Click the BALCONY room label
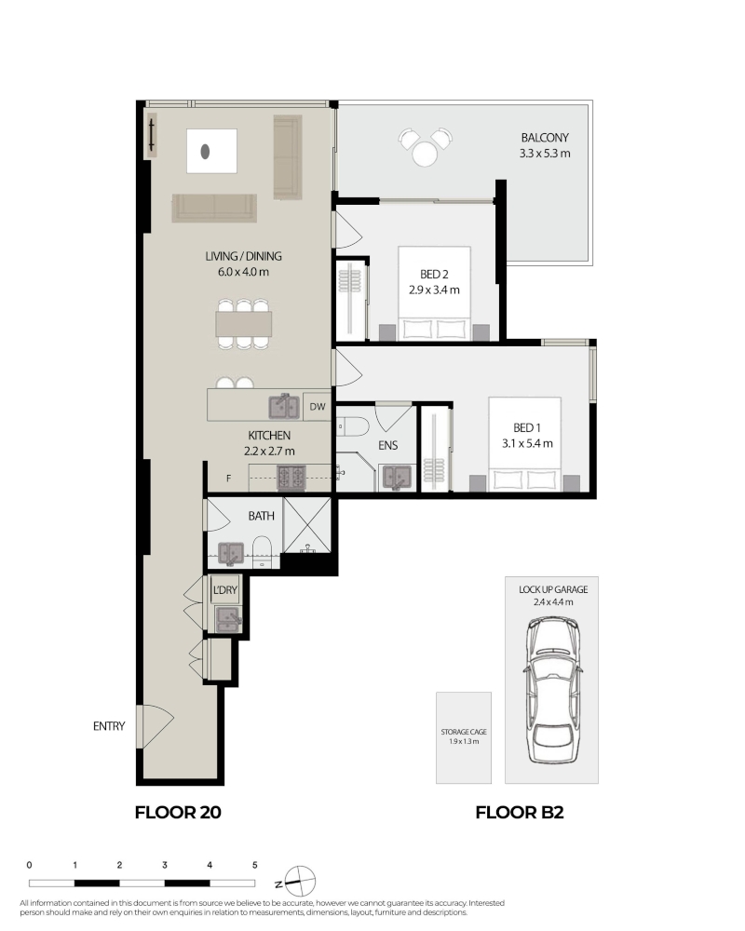tap(545, 138)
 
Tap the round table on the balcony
tap(425, 155)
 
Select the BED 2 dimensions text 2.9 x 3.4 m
tap(434, 290)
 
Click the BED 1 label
tap(527, 427)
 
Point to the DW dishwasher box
tap(318, 407)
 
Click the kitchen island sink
tap(284, 406)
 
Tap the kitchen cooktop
tap(291, 478)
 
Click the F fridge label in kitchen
tap(229, 478)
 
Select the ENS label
tap(388, 445)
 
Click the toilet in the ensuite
tap(352, 425)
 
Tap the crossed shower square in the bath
tap(307, 525)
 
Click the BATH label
tap(262, 516)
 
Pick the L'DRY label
tap(225, 590)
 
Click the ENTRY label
tap(109, 726)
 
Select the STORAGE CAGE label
tap(464, 732)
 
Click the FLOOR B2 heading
tap(520, 812)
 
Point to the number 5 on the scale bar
tap(255, 865)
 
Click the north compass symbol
tap(300, 882)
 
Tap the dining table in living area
tap(244, 324)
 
